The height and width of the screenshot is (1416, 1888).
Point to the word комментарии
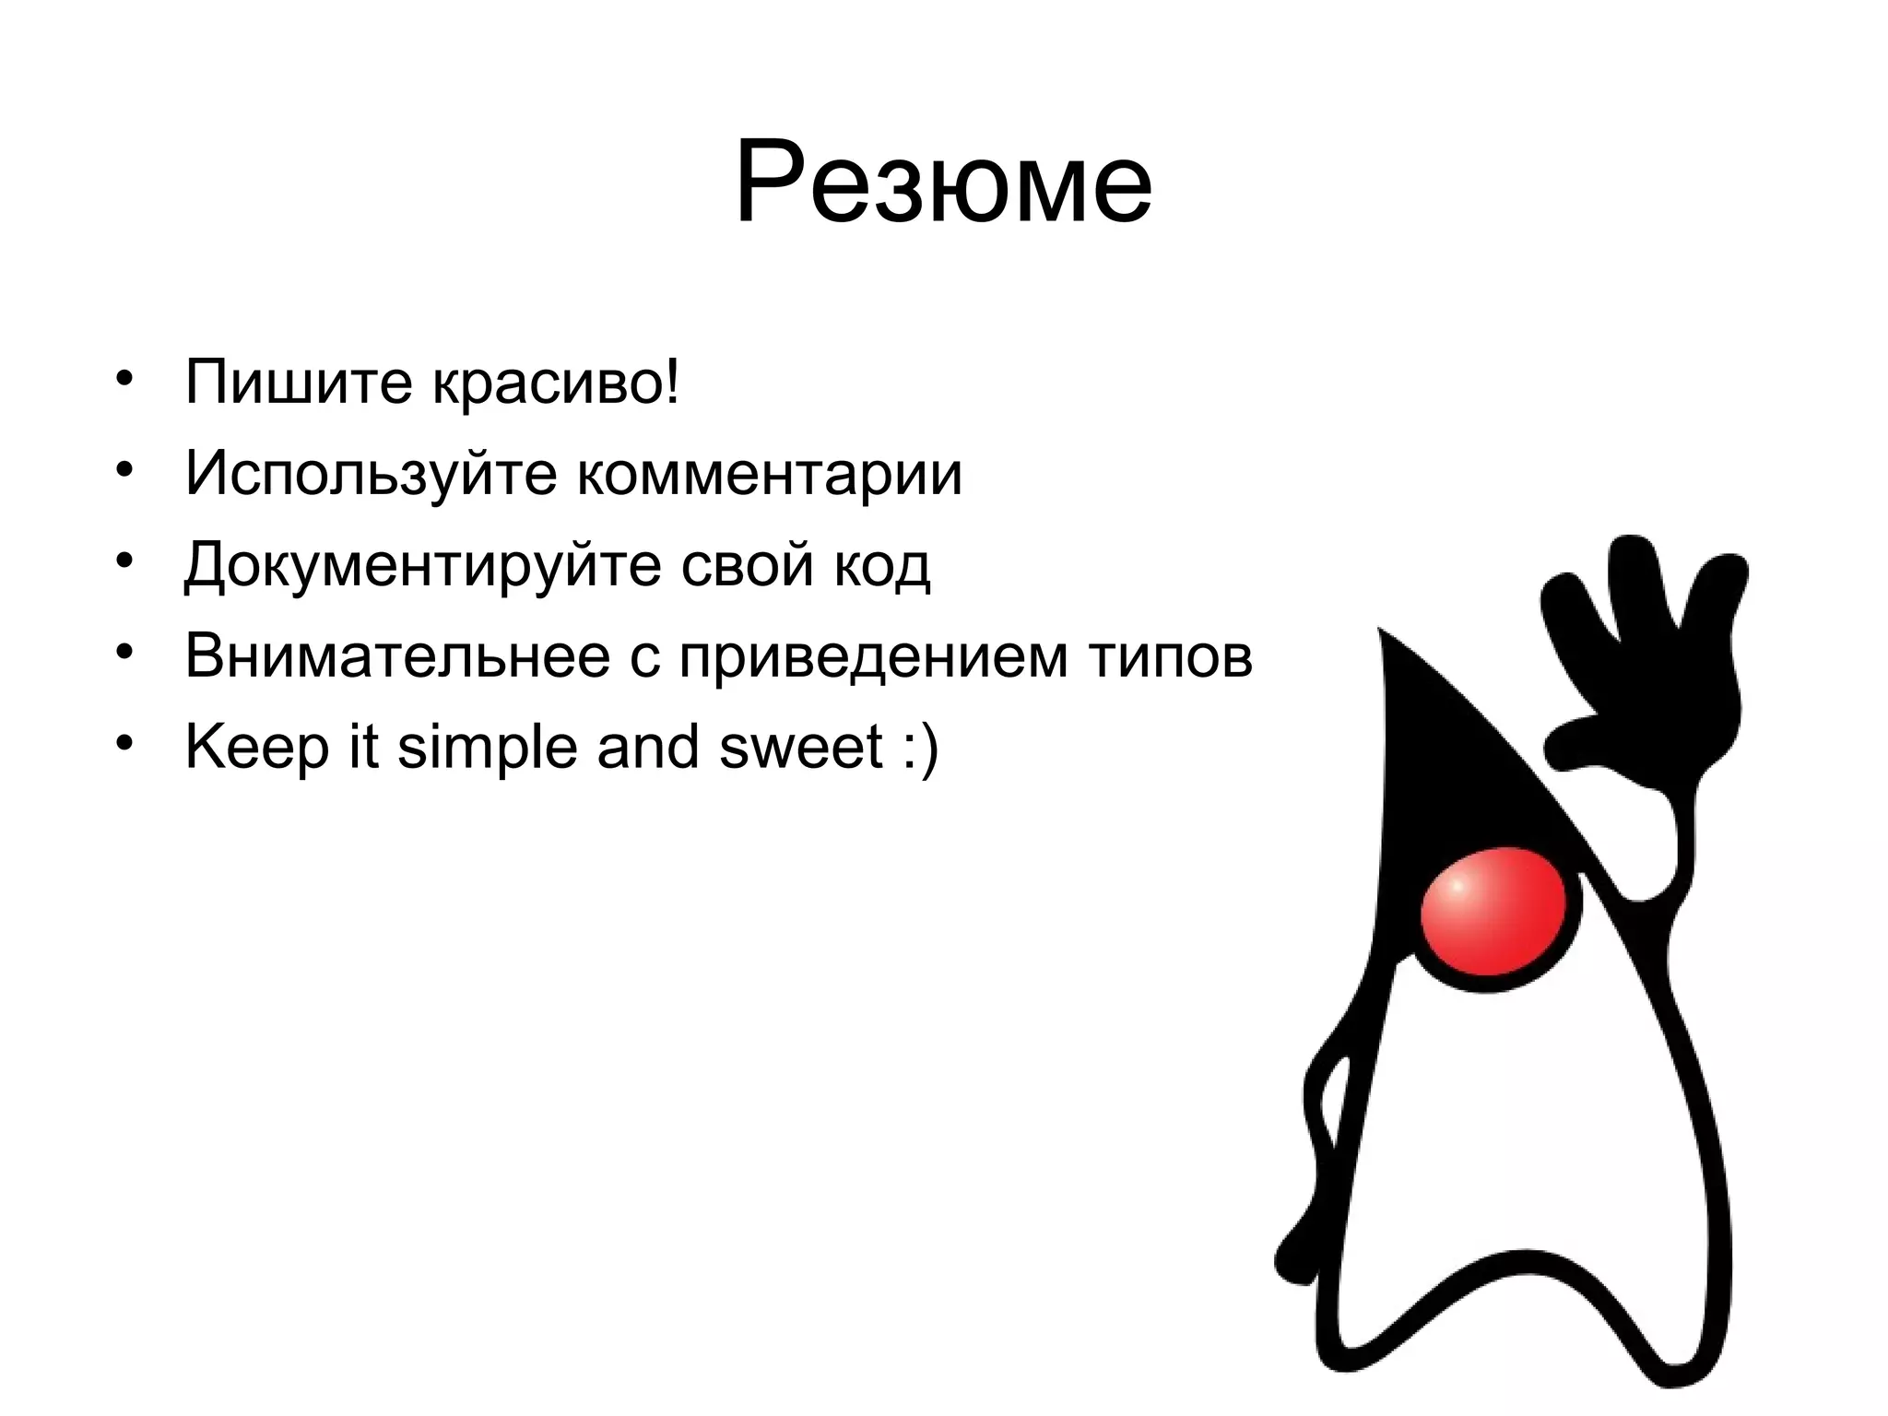pos(770,474)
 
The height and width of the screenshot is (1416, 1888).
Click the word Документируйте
pos(422,564)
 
